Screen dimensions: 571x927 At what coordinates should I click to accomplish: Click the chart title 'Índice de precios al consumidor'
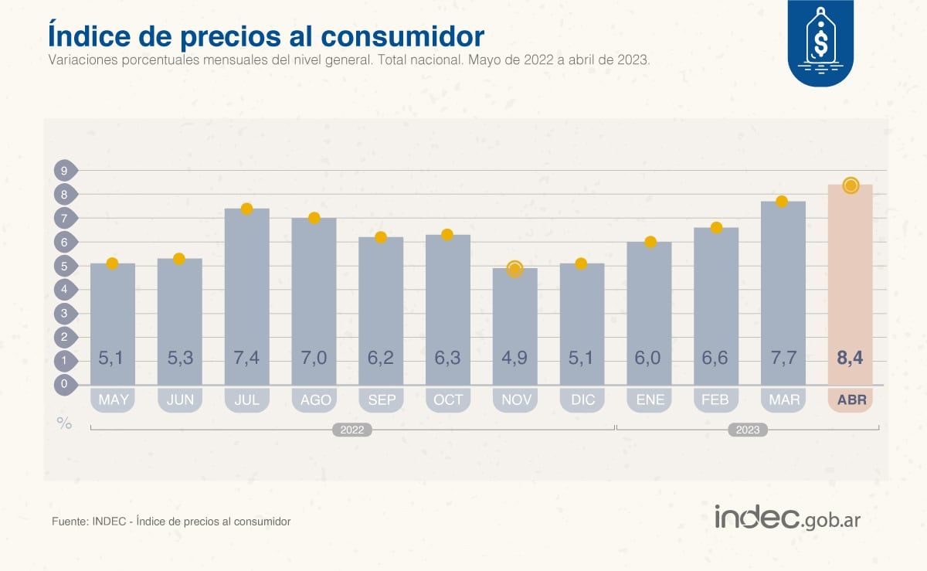[266, 36]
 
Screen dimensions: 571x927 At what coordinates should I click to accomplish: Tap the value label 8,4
[850, 359]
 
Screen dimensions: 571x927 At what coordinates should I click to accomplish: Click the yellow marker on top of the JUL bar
[246, 209]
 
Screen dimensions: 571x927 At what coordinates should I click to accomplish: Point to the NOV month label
[515, 399]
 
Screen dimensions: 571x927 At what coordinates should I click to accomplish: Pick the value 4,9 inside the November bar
[515, 359]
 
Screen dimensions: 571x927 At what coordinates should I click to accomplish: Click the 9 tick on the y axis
[65, 171]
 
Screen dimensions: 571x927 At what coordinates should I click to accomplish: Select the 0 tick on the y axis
[65, 384]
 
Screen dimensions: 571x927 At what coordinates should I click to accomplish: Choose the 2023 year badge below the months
[747, 430]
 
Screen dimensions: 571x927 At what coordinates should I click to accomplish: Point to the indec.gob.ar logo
[786, 518]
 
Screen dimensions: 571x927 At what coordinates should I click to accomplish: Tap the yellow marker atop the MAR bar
[782, 202]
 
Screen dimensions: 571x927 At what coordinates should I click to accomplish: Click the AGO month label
[314, 399]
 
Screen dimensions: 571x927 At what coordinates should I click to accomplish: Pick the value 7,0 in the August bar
[314, 359]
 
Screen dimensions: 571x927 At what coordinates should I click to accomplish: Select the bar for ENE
[649, 309]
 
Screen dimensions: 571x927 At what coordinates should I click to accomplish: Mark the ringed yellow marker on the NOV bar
[515, 268]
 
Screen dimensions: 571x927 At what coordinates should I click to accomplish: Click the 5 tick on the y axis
[65, 267]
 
